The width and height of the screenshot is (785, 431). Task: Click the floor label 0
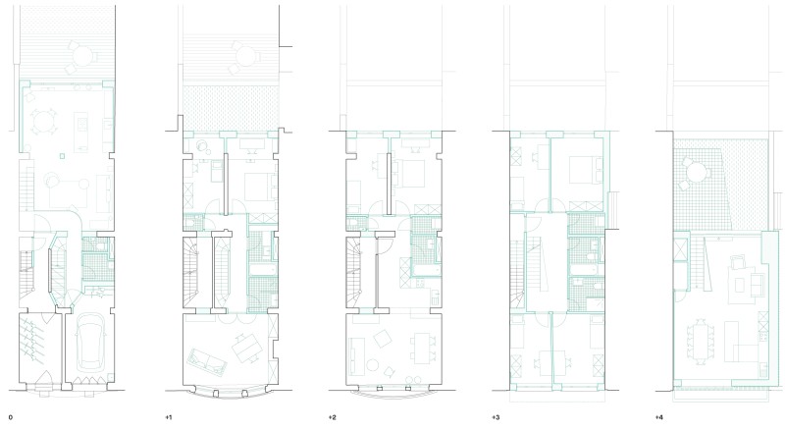[11, 417]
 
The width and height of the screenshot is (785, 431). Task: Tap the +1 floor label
[168, 417]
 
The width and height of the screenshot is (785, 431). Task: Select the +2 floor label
[332, 417]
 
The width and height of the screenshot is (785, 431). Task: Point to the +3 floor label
[496, 417]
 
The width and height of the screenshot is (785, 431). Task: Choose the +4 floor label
[658, 417]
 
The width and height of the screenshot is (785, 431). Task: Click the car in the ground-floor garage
[89, 341]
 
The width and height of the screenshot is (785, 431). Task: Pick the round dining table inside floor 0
[43, 122]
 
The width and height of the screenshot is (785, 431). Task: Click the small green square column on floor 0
[62, 156]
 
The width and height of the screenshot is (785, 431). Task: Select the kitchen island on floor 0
[80, 132]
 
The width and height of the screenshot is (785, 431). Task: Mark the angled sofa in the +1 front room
[206, 362]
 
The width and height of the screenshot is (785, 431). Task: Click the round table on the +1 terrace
[245, 56]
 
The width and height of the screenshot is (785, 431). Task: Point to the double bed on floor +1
[260, 187]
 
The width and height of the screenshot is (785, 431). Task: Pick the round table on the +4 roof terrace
[696, 173]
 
